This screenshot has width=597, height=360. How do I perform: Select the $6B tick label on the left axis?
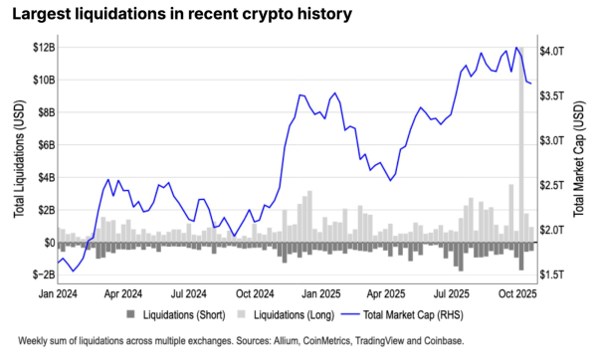coord(41,144)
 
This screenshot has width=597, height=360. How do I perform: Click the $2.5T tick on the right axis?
coord(552,185)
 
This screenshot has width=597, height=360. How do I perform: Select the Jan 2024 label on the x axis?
coord(59,294)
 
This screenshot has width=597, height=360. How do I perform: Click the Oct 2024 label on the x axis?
coord(256,294)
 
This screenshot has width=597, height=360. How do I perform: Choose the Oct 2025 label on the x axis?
coord(517,294)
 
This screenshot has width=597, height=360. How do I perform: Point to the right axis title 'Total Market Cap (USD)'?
coord(580,160)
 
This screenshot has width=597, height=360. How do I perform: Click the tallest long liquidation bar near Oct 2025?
coord(519,149)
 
